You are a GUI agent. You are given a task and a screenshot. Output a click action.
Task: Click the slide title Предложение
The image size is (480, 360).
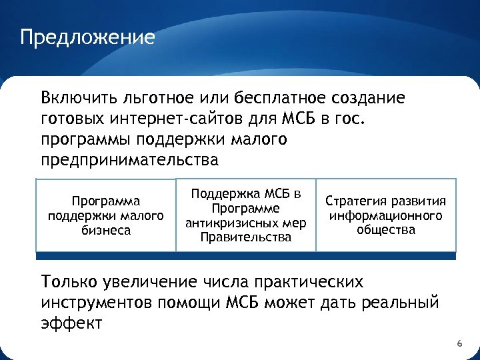pyautogui.click(x=87, y=36)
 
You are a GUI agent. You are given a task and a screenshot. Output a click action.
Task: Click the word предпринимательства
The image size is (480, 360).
pyautogui.click(x=129, y=161)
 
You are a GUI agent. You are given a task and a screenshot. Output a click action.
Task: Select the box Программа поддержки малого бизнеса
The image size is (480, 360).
pyautogui.click(x=106, y=215)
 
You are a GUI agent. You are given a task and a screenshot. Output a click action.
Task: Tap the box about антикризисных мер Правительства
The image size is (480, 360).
pyautogui.click(x=245, y=215)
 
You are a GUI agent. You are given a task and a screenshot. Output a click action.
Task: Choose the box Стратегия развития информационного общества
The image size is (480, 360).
pyautogui.click(x=386, y=215)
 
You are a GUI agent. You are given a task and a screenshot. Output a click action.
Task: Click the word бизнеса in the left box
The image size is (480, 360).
pyautogui.click(x=106, y=231)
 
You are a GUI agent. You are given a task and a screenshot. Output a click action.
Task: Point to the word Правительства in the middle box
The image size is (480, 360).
pyautogui.click(x=245, y=237)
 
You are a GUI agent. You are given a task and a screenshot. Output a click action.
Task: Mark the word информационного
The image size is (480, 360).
pyautogui.click(x=386, y=216)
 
